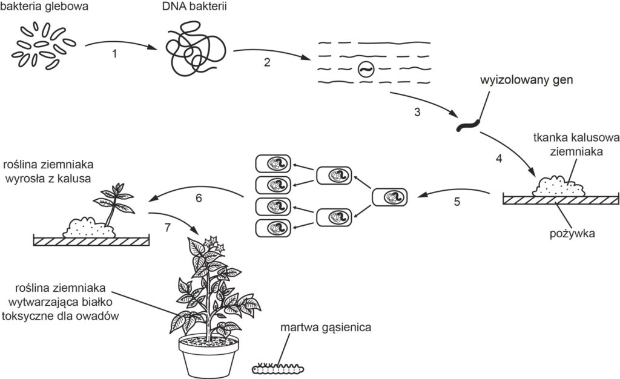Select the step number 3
click(x=417, y=112)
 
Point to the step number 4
click(x=499, y=159)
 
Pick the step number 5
click(x=457, y=202)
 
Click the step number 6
click(x=198, y=198)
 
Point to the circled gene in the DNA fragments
click(x=366, y=70)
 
